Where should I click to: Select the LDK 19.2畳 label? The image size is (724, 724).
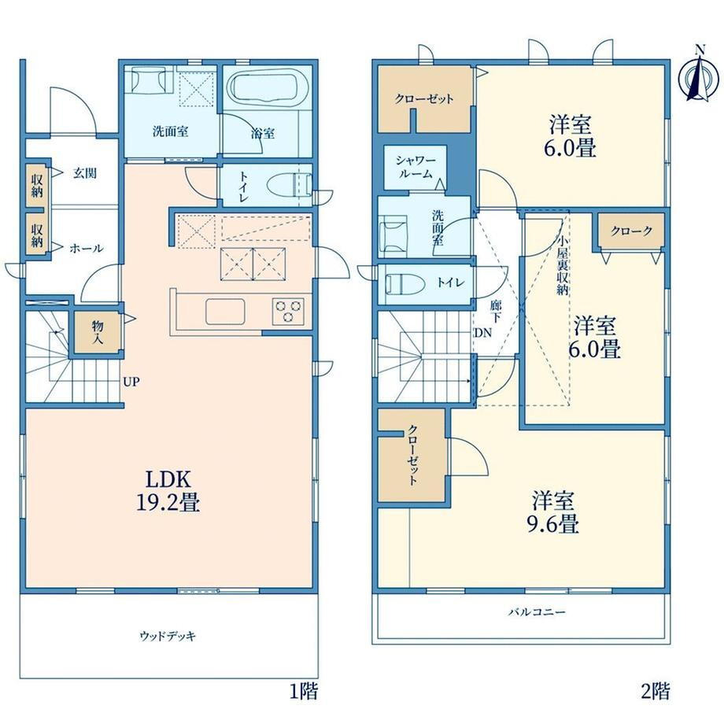pos(168,491)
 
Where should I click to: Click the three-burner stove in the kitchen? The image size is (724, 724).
pos(289,310)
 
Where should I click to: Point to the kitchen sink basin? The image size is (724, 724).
pos(225,311)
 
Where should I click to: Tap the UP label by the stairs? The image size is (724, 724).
pos(131,382)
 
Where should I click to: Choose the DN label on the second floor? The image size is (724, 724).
pos(482,332)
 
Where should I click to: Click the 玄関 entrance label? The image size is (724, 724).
pos(85,174)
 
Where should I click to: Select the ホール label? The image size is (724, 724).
pos(87,249)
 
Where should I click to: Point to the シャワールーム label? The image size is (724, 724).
pos(415,167)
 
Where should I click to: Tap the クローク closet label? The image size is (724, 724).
pos(631,231)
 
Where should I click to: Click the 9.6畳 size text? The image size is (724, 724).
pos(552,525)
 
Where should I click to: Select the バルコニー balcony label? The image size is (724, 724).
pos(537,612)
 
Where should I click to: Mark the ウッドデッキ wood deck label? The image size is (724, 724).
pos(168,637)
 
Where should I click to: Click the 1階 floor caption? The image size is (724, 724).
pos(304,692)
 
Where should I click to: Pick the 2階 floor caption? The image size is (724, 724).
pos(656,691)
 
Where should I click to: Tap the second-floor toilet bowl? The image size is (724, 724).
pos(405,283)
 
